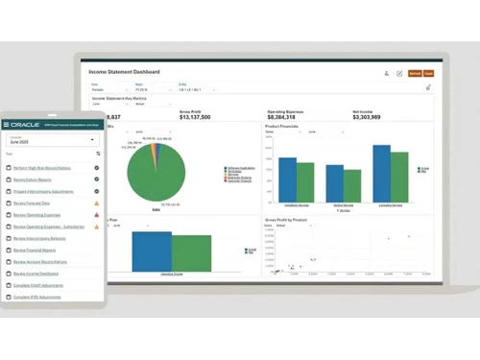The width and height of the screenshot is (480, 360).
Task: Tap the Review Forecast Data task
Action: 31,203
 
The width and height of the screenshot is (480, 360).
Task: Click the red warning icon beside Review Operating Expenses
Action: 97,214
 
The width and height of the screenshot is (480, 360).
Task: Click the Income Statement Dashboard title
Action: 124,72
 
